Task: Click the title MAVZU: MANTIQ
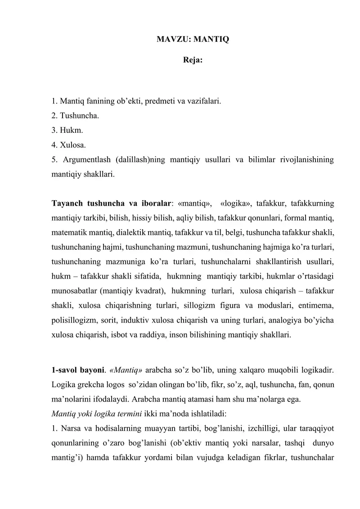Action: point(192,40)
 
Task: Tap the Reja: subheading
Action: point(193,59)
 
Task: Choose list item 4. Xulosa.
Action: point(69,145)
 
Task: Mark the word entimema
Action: point(317,306)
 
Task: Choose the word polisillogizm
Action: point(73,320)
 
